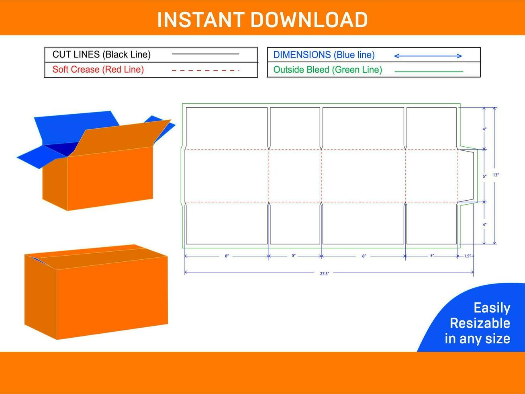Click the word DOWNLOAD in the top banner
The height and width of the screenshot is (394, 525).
tap(309, 20)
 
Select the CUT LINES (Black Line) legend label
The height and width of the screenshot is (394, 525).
tap(102, 55)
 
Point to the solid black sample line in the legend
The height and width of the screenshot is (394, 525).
tap(205, 54)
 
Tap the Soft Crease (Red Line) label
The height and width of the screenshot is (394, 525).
tap(98, 70)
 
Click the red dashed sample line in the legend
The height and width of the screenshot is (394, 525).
tap(205, 70)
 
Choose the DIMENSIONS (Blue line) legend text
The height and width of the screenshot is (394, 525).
tap(324, 55)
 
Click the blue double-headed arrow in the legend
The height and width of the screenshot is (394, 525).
tap(428, 56)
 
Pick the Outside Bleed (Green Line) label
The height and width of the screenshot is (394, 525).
tap(327, 70)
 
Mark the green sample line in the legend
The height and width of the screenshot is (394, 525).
tap(429, 72)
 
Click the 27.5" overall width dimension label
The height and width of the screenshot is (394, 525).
tap(325, 274)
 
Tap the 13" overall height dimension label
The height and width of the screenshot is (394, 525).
tap(496, 175)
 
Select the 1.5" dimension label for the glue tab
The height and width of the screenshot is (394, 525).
tap(467, 256)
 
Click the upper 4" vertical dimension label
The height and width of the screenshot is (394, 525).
tap(484, 129)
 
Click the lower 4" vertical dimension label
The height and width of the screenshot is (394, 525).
tap(484, 224)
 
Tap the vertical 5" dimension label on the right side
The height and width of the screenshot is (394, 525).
tap(484, 176)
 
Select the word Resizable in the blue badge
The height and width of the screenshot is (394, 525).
tap(480, 323)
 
